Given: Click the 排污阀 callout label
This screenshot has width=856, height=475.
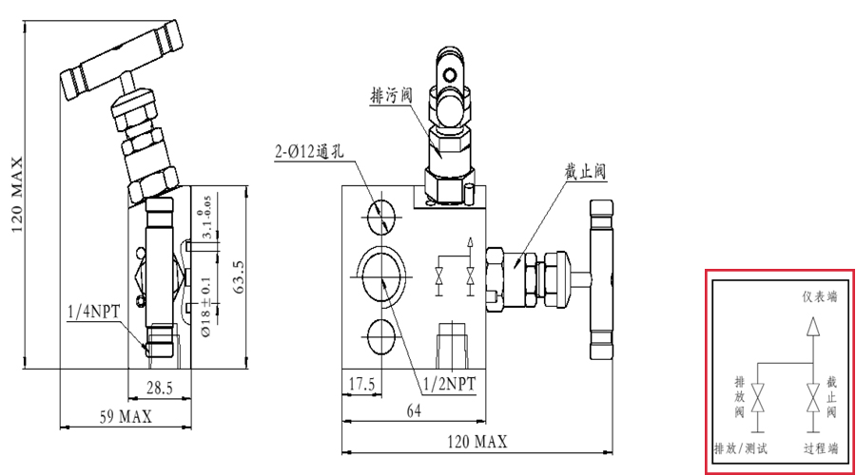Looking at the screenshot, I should tap(391, 95).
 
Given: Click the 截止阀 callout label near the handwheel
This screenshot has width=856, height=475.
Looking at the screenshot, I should tap(585, 171).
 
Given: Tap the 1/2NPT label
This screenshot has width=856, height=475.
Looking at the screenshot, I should tap(449, 384).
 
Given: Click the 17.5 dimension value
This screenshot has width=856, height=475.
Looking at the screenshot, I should tap(360, 384).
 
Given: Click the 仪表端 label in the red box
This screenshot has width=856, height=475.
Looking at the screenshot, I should tap(819, 296).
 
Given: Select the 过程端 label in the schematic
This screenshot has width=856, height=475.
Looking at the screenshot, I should tap(820, 447).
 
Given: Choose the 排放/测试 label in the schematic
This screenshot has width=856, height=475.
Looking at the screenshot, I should tap(741, 447).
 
